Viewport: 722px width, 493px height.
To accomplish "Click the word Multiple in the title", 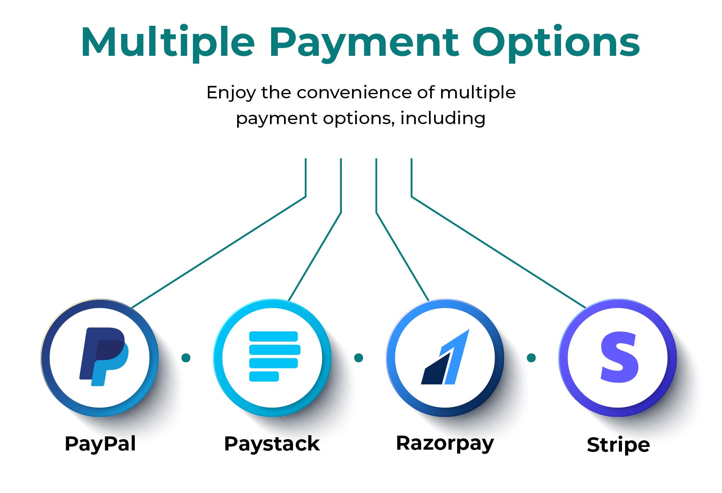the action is (x=168, y=43).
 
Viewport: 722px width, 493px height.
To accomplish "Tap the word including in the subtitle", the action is (x=443, y=118).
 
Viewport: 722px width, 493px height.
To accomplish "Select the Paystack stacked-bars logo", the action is (x=274, y=356).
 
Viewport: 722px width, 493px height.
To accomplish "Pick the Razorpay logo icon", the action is (x=445, y=357).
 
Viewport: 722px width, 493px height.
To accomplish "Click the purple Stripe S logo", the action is (x=620, y=357).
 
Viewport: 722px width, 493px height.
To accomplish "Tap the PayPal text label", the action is (x=100, y=444).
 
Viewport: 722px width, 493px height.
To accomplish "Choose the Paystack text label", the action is (x=272, y=444).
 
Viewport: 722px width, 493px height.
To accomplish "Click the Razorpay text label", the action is (x=445, y=444).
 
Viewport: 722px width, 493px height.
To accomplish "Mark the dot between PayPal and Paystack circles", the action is (x=186, y=358).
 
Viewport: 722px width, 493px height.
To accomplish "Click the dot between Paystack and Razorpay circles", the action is (x=359, y=358).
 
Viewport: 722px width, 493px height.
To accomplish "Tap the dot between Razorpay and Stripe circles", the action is (x=531, y=358).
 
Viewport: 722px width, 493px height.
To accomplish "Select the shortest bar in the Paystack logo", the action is (x=264, y=376).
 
